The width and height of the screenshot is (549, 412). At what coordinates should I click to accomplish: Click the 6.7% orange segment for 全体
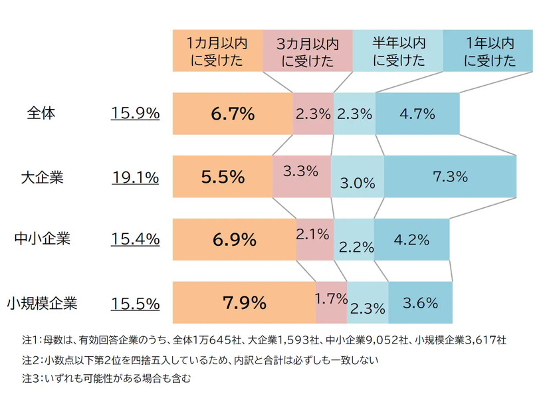pyautogui.click(x=232, y=114)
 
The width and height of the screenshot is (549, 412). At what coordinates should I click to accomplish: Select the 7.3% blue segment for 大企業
pyautogui.click(x=450, y=177)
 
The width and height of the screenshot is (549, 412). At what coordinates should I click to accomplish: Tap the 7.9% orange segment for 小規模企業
pyautogui.click(x=244, y=303)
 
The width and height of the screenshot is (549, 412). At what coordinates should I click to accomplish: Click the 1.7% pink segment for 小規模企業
pyautogui.click(x=331, y=303)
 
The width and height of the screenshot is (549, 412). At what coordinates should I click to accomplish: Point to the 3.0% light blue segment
pyautogui.click(x=357, y=177)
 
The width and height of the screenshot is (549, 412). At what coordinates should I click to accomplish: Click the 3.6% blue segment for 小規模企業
pyautogui.click(x=420, y=303)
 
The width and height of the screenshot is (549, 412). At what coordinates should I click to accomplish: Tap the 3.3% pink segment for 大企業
pyautogui.click(x=301, y=177)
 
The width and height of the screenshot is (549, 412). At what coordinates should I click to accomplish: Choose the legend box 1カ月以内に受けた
pyautogui.click(x=217, y=51)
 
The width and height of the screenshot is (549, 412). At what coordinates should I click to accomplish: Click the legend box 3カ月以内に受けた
pyautogui.click(x=307, y=51)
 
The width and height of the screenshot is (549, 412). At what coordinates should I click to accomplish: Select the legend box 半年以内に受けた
pyautogui.click(x=397, y=51)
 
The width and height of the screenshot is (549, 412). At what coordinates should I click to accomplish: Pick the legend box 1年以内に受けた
pyautogui.click(x=488, y=51)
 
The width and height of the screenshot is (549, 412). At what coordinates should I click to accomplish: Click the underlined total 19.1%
pyautogui.click(x=135, y=177)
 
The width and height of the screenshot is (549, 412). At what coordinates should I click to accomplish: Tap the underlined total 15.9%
pyautogui.click(x=135, y=114)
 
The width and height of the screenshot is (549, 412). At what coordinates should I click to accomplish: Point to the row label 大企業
pyautogui.click(x=42, y=177)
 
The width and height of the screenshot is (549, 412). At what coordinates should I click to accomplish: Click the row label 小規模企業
pyautogui.click(x=42, y=304)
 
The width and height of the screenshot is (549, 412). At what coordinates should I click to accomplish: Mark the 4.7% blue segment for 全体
pyautogui.click(x=417, y=114)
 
